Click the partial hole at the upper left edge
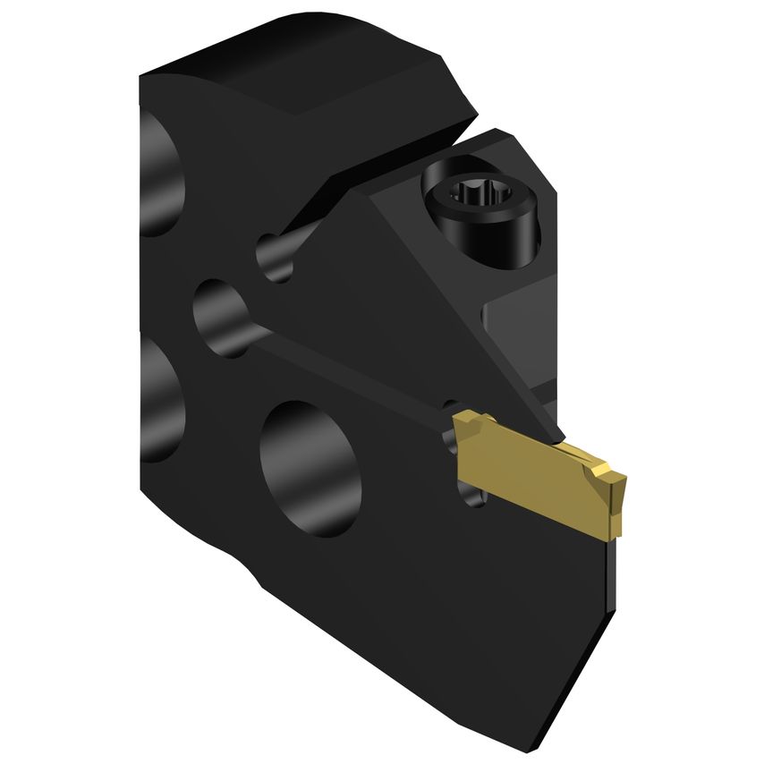pos(161,179)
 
